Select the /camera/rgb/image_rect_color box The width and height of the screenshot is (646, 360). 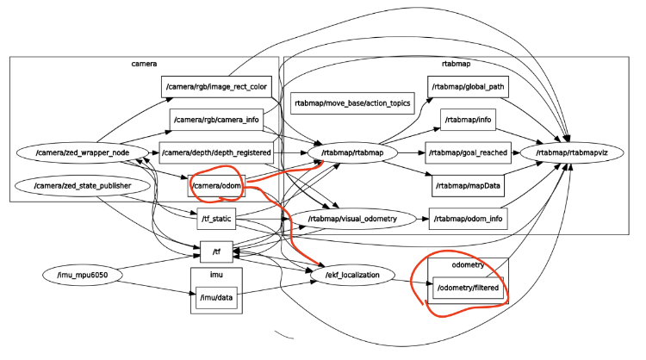tap(216, 86)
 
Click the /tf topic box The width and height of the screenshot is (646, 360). tap(216, 251)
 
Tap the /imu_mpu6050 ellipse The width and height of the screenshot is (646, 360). tap(84, 276)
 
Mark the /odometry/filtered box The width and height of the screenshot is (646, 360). tap(467, 284)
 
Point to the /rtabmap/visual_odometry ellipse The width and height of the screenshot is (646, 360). tap(352, 219)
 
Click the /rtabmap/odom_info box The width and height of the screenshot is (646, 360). tap(467, 219)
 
